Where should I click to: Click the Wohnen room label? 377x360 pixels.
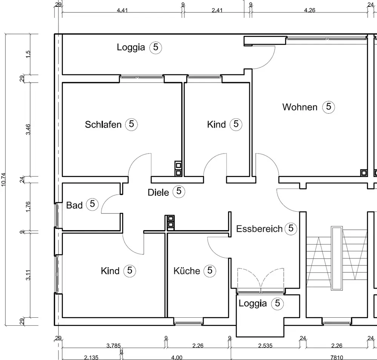tap(300, 107)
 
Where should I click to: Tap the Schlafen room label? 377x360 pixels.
tap(103, 125)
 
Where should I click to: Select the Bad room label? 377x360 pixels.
tap(74, 205)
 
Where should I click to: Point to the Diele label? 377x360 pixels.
tap(158, 192)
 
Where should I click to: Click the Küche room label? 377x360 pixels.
tap(187, 271)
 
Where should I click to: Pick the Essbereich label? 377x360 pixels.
tap(259, 229)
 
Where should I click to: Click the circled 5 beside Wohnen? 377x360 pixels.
tap(328, 107)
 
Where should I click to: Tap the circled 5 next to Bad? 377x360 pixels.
tap(92, 204)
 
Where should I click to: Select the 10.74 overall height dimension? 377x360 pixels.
tap(3, 180)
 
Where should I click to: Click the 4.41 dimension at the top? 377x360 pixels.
tap(123, 10)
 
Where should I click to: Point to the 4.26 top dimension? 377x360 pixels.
tap(310, 10)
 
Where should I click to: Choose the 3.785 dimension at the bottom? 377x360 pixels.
tap(113, 346)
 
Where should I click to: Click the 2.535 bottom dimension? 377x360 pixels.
tap(265, 346)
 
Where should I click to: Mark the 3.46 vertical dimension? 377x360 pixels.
tap(28, 129)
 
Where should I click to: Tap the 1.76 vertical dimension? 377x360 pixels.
tap(28, 207)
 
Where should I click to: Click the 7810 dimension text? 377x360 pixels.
tap(337, 358)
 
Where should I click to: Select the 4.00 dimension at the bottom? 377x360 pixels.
tap(177, 358)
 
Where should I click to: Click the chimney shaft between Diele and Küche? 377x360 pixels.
tap(171, 222)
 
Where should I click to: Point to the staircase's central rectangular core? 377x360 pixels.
tap(337, 258)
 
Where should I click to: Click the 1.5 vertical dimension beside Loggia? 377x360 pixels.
tap(28, 54)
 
